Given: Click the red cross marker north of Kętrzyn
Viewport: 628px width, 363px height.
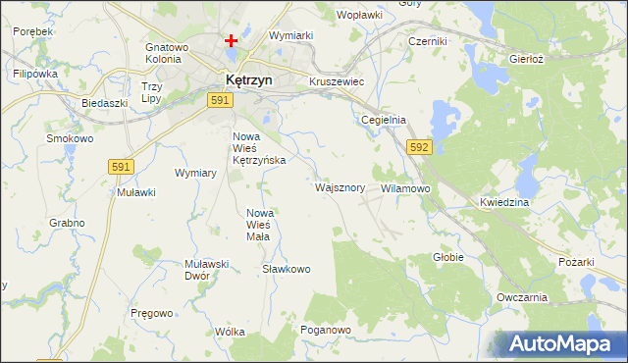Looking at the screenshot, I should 231,40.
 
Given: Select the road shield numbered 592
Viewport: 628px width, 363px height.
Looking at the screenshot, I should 419,146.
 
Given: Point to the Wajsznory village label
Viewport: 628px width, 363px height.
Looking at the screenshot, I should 340,186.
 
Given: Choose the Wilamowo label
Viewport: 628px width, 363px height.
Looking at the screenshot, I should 405,187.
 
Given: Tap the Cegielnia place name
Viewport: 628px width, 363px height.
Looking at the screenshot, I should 383,120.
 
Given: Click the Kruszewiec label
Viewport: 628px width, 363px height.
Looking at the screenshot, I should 337,81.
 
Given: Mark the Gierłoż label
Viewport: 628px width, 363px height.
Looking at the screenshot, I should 526,59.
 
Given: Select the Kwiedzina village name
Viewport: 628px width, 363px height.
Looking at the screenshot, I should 504,202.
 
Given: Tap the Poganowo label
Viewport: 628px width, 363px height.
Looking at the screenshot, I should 326,330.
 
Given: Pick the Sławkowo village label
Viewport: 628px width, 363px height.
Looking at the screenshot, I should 287,269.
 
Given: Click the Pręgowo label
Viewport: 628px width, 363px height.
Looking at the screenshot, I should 152,313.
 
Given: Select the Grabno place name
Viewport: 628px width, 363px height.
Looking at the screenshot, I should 67,223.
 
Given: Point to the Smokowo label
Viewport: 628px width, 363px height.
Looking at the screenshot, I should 70,139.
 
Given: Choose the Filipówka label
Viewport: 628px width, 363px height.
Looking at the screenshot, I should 36,74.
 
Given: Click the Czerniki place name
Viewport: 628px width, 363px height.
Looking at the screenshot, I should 428,41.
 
